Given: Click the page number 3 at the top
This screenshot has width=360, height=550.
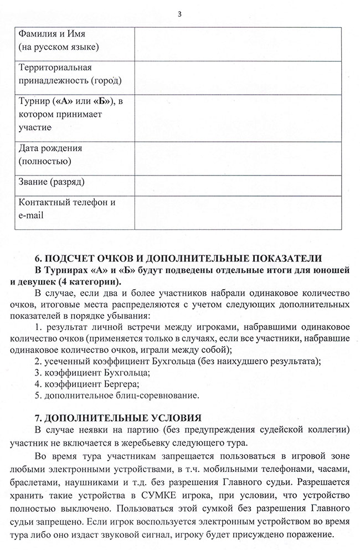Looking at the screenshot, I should [x=179, y=14].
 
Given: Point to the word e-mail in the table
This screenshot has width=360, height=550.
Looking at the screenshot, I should [x=32, y=216].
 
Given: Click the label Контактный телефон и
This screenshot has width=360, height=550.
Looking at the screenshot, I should [x=66, y=202].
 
